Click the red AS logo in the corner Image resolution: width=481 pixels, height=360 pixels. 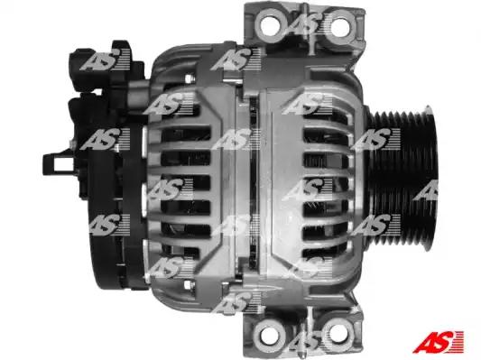point(439,342)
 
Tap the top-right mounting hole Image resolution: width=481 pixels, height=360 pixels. point(340,28)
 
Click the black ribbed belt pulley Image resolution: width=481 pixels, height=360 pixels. point(402,178)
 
